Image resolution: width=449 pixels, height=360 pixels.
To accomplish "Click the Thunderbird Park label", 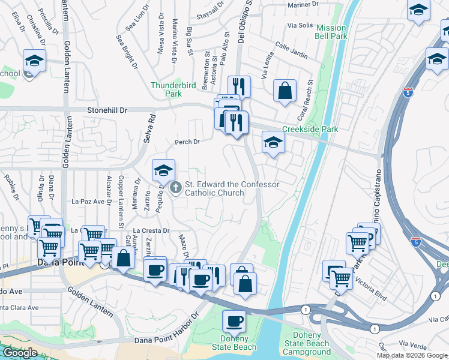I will pyautogui.click(x=173, y=90).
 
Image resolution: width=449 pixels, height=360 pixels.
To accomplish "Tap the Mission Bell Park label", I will pyautogui.click(x=331, y=32).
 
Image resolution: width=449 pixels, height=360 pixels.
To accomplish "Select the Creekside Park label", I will pyautogui.click(x=310, y=129).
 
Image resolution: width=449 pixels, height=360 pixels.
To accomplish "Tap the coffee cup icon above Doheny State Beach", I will pyautogui.click(x=234, y=320).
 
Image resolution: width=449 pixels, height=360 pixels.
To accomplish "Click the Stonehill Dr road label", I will pyautogui.click(x=108, y=110).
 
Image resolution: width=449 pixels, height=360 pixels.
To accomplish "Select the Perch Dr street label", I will pyautogui.click(x=186, y=142).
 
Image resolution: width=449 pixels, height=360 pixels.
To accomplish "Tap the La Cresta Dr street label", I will pyautogui.click(x=152, y=230).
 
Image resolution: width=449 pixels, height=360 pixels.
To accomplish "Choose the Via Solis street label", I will pyautogui.click(x=301, y=26).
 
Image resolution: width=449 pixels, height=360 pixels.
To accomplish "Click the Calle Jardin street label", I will pyautogui.click(x=291, y=50).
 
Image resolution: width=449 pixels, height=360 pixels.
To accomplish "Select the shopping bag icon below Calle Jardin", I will pyautogui.click(x=285, y=91).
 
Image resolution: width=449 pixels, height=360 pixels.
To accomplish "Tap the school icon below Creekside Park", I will pyautogui.click(x=273, y=142).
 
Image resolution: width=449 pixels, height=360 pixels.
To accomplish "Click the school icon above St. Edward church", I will pyautogui.click(x=163, y=170).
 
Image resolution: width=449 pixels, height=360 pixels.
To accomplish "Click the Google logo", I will pyautogui.click(x=19, y=353).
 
